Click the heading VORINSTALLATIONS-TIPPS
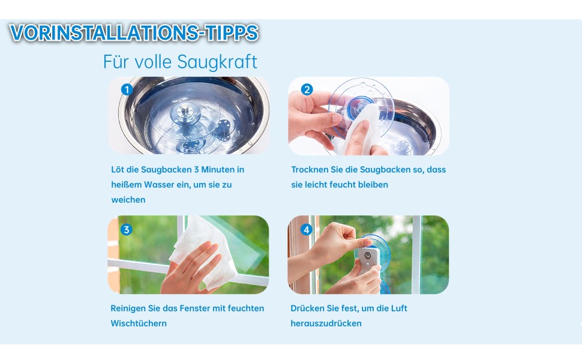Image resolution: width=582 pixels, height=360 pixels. click(134, 32)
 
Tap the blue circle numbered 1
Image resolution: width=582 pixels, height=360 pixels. click(127, 89)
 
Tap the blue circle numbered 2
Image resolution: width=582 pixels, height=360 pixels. click(307, 89)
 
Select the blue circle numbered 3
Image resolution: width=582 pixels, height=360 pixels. click(126, 229)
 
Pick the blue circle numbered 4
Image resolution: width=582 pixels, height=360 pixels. click(306, 230)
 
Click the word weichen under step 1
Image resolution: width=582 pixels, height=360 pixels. click(128, 200)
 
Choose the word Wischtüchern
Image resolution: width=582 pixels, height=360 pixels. click(139, 323)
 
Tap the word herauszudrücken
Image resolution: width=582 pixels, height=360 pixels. click(326, 323)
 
